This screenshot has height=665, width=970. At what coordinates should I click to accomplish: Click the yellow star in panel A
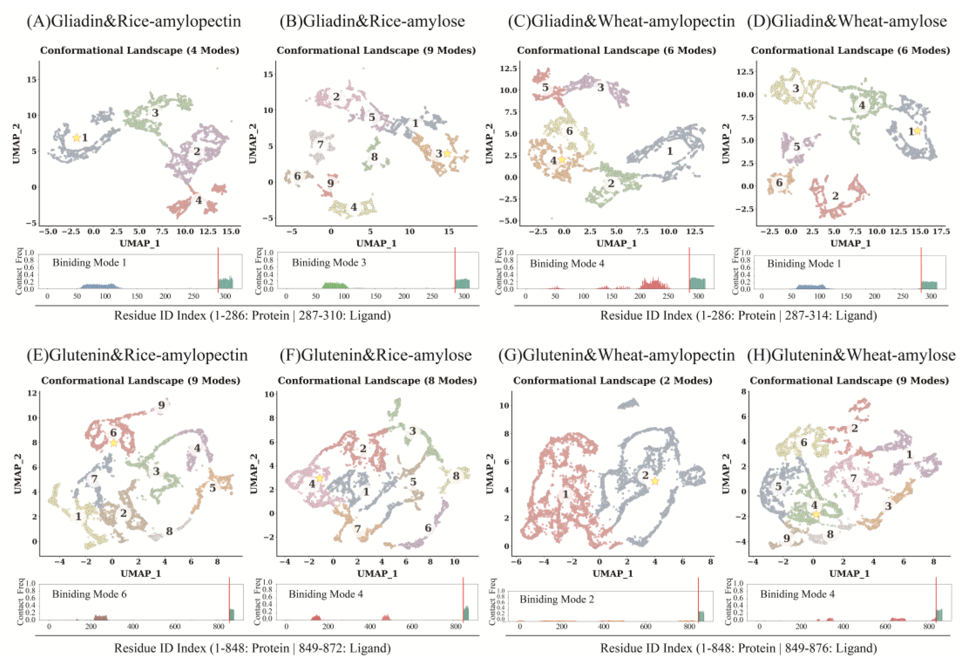pyautogui.click(x=76, y=137)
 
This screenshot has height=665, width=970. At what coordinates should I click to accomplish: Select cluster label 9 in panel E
pyautogui.click(x=161, y=405)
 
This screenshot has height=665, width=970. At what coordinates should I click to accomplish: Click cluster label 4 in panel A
pyautogui.click(x=199, y=200)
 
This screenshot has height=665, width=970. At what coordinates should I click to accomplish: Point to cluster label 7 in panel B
pyautogui.click(x=320, y=144)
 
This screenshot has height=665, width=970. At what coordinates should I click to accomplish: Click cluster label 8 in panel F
pyautogui.click(x=456, y=475)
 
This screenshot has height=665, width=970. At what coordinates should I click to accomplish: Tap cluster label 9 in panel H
pyautogui.click(x=786, y=538)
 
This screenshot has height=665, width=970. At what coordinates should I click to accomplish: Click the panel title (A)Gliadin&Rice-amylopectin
pyautogui.click(x=134, y=21)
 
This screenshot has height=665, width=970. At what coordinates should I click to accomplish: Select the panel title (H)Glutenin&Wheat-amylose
pyautogui.click(x=851, y=355)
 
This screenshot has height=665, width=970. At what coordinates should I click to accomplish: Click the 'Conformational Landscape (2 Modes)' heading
pyautogui.click(x=613, y=380)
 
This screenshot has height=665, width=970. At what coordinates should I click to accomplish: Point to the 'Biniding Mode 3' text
pyautogui.click(x=329, y=263)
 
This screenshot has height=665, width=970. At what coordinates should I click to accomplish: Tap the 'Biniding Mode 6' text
pyautogui.click(x=89, y=594)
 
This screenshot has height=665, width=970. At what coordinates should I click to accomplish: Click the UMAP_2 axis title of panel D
pyautogui.click(x=726, y=143)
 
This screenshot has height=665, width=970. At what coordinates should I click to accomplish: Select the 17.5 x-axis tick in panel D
pyautogui.click(x=941, y=231)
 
